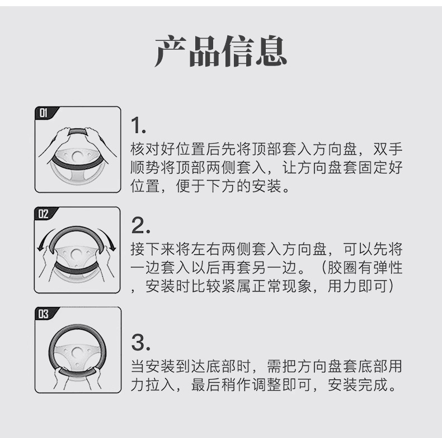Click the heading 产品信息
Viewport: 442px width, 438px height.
pyautogui.click(x=220, y=51)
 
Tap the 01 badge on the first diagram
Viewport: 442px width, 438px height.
pyautogui.click(x=44, y=113)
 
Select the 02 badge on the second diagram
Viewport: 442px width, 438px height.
pyautogui.click(x=44, y=213)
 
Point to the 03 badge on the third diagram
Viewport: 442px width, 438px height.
pyautogui.click(x=44, y=314)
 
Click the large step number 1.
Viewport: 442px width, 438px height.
pyautogui.click(x=138, y=125)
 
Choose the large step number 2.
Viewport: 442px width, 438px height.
pyautogui.click(x=140, y=225)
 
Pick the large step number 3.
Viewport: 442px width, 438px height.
pyautogui.click(x=140, y=342)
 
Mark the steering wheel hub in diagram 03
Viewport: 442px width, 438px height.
pyautogui.click(x=77, y=353)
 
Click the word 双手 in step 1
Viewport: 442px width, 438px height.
pyautogui.click(x=388, y=149)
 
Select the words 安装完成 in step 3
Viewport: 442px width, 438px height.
pyautogui.click(x=358, y=384)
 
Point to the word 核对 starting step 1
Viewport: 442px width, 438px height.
pyautogui.click(x=145, y=149)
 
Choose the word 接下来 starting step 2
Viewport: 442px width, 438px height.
pyautogui.click(x=153, y=249)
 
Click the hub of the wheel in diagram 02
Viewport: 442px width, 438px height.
pyautogui.click(x=76, y=254)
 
